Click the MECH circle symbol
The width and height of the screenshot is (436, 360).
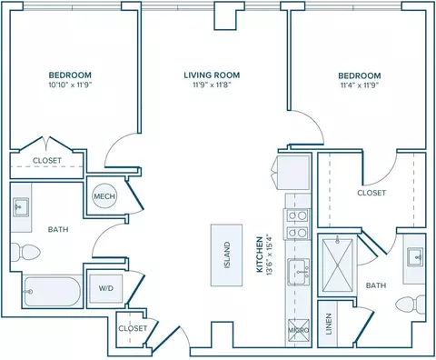(x=104, y=195)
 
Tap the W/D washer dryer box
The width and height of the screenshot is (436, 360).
(x=106, y=288)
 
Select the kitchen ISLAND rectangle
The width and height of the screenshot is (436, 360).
(x=226, y=255)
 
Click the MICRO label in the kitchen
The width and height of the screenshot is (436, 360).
(x=298, y=330)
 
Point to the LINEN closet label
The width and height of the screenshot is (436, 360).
(x=329, y=324)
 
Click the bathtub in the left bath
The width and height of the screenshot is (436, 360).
(x=52, y=292)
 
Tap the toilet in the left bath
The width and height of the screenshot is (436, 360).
(x=25, y=252)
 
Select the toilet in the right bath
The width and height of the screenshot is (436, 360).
(x=411, y=305)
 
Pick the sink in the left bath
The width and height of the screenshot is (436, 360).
(x=21, y=207)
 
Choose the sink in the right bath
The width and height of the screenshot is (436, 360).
(x=415, y=257)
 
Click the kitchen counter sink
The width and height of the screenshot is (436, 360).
(x=299, y=272)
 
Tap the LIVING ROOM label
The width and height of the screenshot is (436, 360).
(x=212, y=75)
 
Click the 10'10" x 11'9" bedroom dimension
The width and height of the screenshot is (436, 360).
(x=70, y=85)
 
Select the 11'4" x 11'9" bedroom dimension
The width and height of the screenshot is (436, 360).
(x=360, y=85)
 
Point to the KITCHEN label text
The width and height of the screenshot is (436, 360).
(x=260, y=255)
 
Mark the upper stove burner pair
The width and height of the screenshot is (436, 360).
(x=297, y=215)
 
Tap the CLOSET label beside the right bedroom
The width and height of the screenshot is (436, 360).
(x=372, y=193)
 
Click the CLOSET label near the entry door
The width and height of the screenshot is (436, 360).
(x=133, y=328)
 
